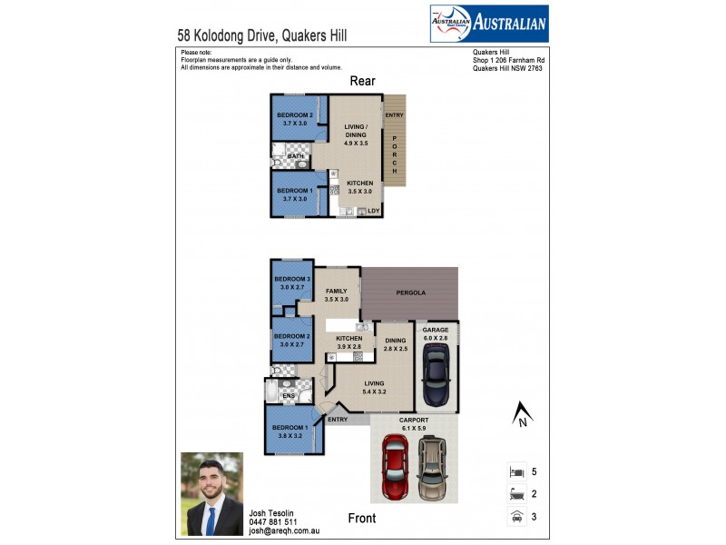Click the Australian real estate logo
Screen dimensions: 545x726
pyautogui.click(x=488, y=24)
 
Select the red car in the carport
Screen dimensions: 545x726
pyautogui.click(x=395, y=467)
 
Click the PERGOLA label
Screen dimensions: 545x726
pyautogui.click(x=410, y=292)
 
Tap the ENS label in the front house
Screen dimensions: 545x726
pyautogui.click(x=289, y=396)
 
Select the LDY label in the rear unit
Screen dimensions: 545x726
pyautogui.click(x=373, y=211)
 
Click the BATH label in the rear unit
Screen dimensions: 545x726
pyautogui.click(x=296, y=156)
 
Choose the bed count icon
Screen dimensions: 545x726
pyautogui.click(x=515, y=473)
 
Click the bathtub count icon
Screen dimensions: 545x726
pyautogui.click(x=515, y=495)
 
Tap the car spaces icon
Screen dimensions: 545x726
pyautogui.click(x=515, y=517)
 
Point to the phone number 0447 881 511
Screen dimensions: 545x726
pyautogui.click(x=272, y=522)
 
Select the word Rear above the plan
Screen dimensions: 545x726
pyautogui.click(x=363, y=82)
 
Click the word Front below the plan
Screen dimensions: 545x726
pyautogui.click(x=363, y=520)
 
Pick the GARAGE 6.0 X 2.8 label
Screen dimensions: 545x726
pyautogui.click(x=436, y=333)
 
